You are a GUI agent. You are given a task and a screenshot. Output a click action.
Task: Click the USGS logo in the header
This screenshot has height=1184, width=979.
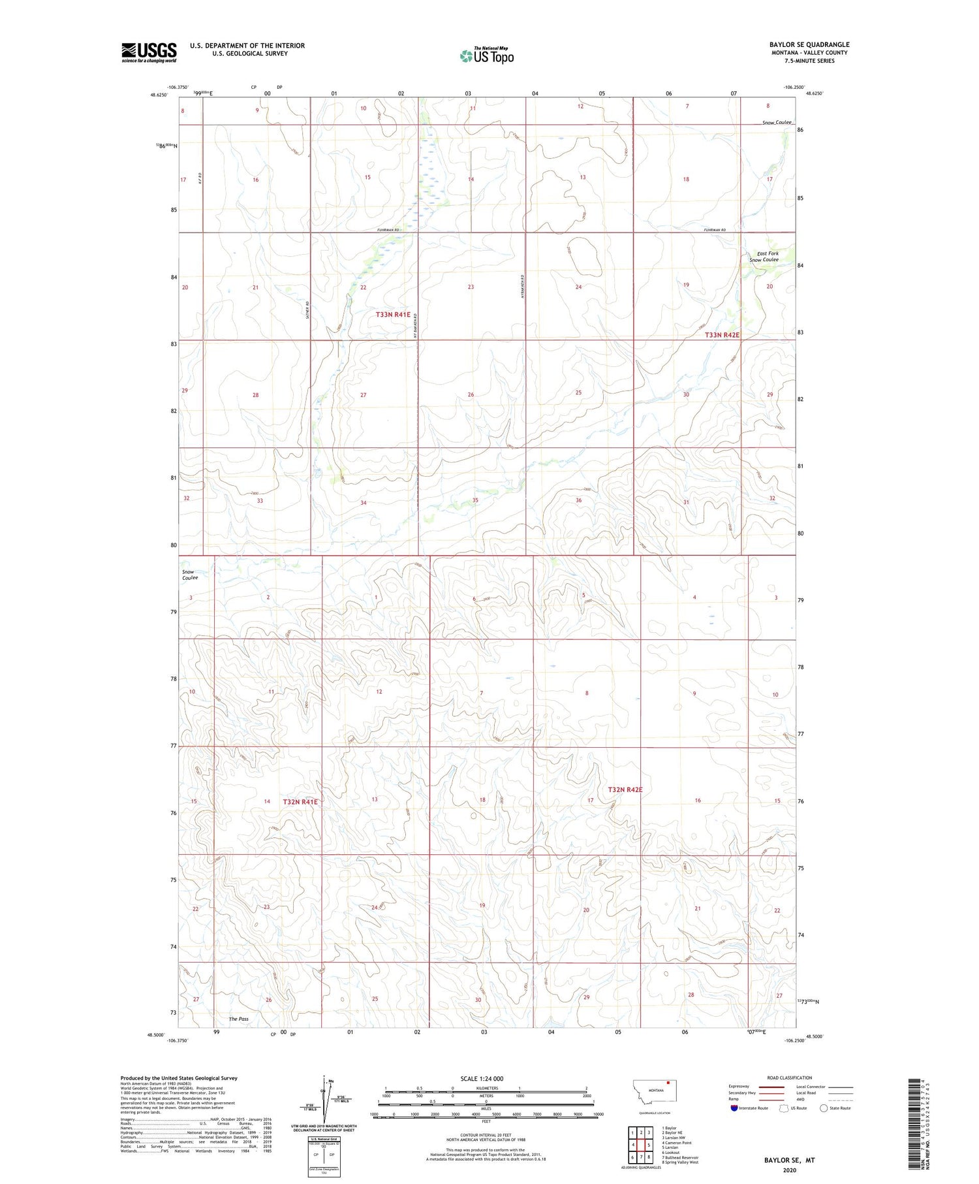[x=149, y=52]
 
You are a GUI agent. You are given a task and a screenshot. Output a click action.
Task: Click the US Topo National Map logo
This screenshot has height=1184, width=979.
[x=486, y=56]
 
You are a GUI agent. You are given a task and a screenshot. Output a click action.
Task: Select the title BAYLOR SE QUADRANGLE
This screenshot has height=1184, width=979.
[x=809, y=44]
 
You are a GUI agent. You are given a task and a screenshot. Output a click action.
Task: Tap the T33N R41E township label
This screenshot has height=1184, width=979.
[x=393, y=315]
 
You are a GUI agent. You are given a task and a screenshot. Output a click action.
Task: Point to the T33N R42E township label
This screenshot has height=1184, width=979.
[x=722, y=335]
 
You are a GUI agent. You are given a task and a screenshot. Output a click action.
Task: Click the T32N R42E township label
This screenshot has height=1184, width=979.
[x=625, y=790]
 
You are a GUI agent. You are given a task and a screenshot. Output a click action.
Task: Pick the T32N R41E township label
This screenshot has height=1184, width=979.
[x=300, y=802]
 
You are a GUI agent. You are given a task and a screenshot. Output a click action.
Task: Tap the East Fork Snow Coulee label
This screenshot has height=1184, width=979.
[x=766, y=257]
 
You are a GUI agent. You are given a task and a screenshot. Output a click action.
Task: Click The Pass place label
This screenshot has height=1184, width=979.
[x=238, y=1019]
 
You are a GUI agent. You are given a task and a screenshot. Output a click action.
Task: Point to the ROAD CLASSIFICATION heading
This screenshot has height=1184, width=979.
[x=789, y=1078]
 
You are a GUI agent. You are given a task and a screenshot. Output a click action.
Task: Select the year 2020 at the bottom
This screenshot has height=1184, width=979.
[x=789, y=1169]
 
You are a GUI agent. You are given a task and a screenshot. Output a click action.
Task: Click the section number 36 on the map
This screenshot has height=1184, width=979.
[x=578, y=501]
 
